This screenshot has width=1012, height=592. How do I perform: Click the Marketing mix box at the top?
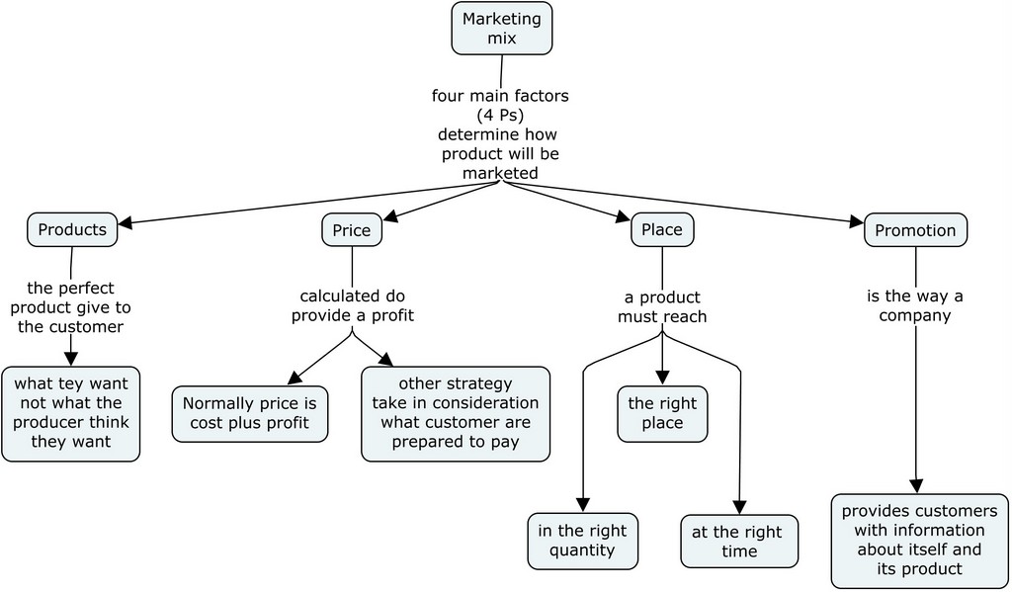[501, 29]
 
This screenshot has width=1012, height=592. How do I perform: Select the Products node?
[71, 229]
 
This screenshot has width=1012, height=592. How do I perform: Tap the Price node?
[351, 230]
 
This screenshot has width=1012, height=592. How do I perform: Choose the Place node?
[661, 229]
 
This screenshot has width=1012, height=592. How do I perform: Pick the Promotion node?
[915, 229]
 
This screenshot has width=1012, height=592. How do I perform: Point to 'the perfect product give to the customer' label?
[70, 306]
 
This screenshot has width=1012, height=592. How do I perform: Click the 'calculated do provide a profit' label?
[352, 305]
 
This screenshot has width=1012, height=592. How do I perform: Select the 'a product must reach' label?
[662, 306]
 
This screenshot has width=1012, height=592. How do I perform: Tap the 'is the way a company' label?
[915, 306]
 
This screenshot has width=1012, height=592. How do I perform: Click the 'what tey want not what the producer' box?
[70, 414]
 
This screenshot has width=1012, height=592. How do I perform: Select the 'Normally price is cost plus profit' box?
[249, 413]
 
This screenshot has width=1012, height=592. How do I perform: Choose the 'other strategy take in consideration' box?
[455, 413]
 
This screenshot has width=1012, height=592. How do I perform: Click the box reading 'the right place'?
[662, 413]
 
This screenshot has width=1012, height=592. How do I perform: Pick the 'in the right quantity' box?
[583, 541]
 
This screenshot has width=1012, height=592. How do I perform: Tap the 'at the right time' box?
[738, 541]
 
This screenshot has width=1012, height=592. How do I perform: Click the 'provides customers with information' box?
[919, 540]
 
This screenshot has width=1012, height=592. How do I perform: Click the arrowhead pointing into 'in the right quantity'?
[583, 505]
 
